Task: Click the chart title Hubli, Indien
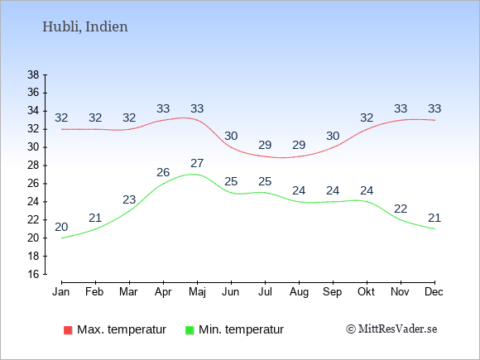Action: (84, 26)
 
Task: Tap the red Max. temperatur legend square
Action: (68, 330)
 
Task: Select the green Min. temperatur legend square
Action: (190, 330)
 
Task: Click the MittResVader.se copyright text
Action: (391, 329)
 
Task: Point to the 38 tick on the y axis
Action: (33, 74)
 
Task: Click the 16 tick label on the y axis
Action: (33, 274)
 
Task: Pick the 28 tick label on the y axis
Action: (33, 166)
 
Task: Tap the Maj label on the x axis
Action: (197, 292)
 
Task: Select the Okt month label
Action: (366, 292)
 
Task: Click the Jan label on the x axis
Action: (61, 292)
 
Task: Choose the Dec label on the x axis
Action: (434, 292)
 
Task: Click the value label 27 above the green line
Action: (197, 163)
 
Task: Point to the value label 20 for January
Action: (61, 227)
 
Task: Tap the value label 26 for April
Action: (163, 172)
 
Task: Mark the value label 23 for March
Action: (129, 200)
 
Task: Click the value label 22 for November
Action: (401, 209)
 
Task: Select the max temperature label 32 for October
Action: (367, 118)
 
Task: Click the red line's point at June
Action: (231, 147)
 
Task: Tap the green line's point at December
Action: (434, 229)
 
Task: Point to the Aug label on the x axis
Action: (299, 292)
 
